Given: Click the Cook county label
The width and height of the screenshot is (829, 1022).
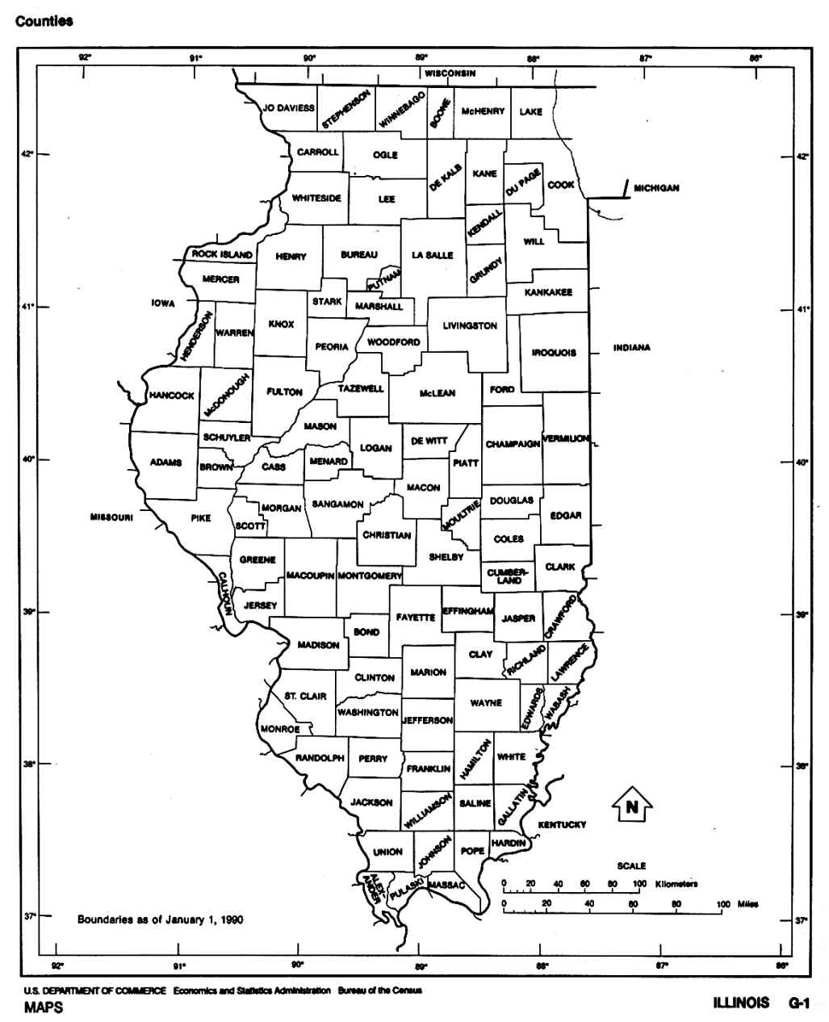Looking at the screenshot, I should point(561,185).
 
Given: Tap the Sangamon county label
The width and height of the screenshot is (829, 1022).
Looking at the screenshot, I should point(337,505).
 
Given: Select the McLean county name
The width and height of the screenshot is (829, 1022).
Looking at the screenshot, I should point(437,393).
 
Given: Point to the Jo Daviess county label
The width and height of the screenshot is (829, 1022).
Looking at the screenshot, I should point(288,107).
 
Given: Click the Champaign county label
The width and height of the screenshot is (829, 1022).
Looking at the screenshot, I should point(513,444).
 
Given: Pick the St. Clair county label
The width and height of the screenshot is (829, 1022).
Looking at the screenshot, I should point(304,695).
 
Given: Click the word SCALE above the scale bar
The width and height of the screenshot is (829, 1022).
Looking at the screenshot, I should point(631,865).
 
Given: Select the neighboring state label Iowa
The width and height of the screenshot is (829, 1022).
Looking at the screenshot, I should point(162,304).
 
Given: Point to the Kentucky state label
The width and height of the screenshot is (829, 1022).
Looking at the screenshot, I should point(562,824).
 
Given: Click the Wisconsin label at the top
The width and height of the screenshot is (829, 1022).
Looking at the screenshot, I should point(450,73).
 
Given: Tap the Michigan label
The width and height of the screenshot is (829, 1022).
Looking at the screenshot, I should point(655,188).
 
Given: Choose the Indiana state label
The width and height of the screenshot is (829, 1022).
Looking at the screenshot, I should point(631,348).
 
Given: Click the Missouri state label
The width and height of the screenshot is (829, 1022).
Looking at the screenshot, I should point(111,517).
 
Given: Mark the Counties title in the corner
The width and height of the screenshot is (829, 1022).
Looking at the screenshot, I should point(44,21).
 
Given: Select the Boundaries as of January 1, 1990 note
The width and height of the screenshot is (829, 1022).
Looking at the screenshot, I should point(160,919).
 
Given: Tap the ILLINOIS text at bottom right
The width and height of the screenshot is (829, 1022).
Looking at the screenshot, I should point(741,1003).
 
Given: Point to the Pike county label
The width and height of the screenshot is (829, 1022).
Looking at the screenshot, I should point(200,518).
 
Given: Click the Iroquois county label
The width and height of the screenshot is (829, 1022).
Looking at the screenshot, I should point(554,353).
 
